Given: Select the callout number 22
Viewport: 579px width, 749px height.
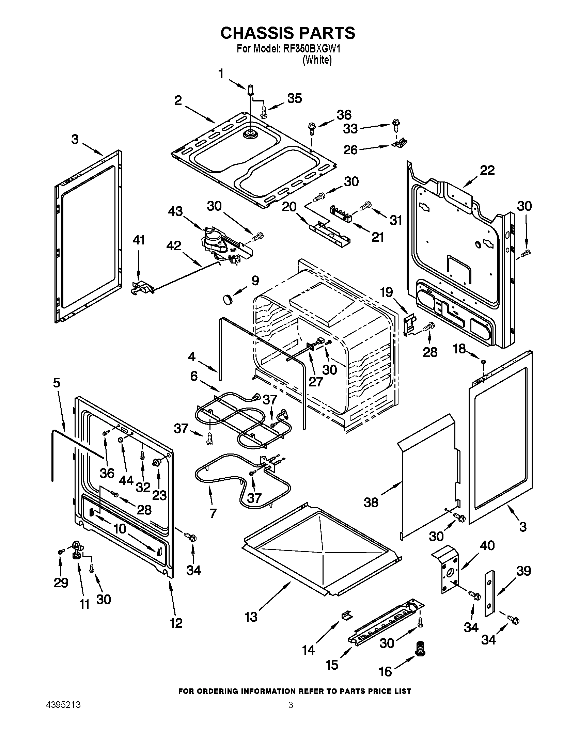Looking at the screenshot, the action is [x=487, y=171].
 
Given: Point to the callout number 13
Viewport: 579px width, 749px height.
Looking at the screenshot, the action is [x=251, y=617].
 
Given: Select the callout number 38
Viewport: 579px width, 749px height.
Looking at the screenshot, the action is [x=371, y=503].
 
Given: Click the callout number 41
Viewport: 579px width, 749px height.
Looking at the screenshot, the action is [x=139, y=240].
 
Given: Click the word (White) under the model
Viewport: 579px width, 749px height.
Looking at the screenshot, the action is [x=317, y=60].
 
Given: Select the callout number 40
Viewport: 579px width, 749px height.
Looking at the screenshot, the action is [x=487, y=545].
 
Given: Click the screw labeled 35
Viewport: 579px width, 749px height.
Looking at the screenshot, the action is [x=263, y=112].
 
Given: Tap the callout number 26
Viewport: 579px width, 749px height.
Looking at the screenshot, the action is [x=350, y=150].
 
